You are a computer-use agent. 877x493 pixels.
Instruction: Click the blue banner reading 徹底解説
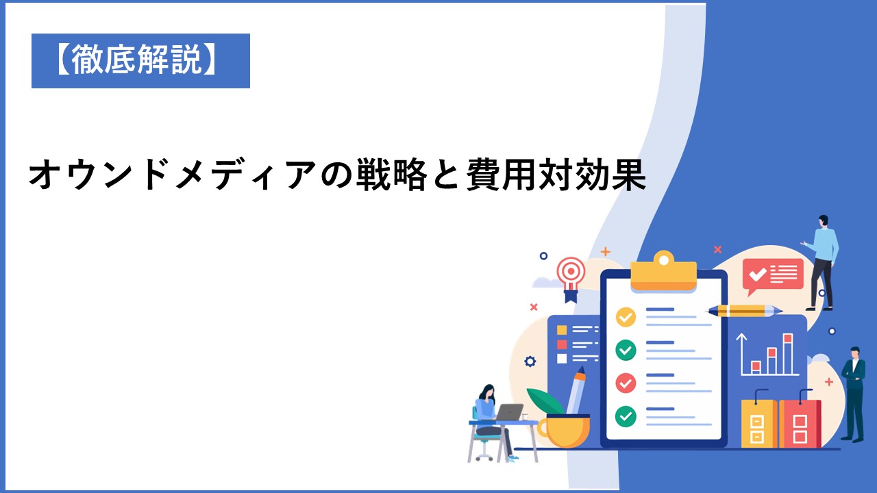point(140,61)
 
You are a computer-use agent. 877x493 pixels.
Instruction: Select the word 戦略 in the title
point(391,175)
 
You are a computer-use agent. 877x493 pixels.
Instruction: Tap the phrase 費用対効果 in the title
point(556,175)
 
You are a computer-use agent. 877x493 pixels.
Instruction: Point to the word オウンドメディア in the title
point(171,175)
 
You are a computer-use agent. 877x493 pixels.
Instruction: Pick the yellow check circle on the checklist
point(626,317)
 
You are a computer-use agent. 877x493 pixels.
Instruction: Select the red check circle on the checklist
point(626,383)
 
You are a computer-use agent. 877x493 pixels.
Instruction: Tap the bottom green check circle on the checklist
point(626,416)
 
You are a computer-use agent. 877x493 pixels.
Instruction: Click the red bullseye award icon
point(571,279)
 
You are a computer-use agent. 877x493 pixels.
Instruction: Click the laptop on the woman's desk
point(508,412)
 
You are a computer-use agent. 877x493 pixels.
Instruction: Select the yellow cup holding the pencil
point(564,431)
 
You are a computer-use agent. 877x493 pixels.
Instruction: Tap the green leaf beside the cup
point(545,401)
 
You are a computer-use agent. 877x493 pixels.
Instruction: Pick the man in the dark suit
point(854,394)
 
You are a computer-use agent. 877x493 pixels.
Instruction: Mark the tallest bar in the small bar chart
point(788,354)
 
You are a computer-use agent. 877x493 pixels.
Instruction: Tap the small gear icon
point(530,361)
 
